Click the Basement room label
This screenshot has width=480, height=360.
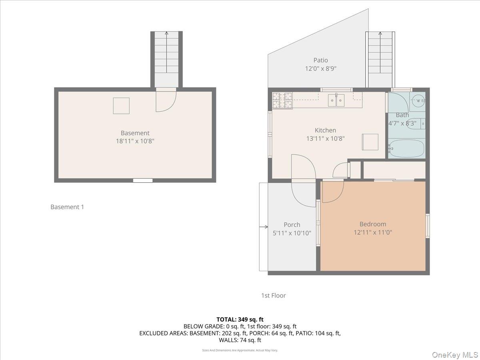coord(135,133)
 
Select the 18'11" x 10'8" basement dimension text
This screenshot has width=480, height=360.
coord(135,141)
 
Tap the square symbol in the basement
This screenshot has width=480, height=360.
coord(121,106)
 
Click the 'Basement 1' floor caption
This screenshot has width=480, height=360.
coord(67,207)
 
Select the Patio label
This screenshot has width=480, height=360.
coord(320,60)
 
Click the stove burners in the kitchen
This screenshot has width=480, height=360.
coord(282,100)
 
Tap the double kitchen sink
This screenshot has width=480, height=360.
coord(336,100)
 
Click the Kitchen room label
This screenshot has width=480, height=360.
coord(325,130)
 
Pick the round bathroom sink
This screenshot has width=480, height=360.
coord(418,100)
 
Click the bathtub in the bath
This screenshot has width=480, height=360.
coord(406,149)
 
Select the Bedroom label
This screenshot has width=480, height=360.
coord(373,224)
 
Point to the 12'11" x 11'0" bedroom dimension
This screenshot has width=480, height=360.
coord(373,232)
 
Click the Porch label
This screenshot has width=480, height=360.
coord(292,225)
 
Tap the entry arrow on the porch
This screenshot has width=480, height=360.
coord(264,227)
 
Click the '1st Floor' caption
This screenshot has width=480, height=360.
coord(273,296)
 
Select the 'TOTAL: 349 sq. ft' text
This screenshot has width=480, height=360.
coord(240,319)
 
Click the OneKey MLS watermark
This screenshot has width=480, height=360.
coord(456,354)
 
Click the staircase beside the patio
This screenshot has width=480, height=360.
coord(380,58)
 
